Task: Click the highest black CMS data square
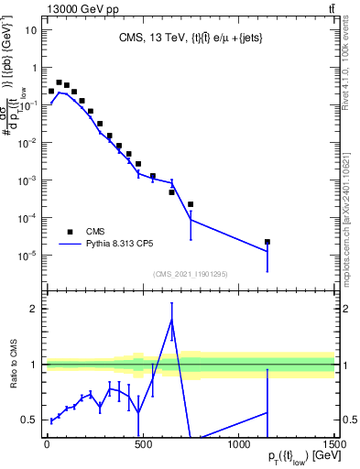point(60,82)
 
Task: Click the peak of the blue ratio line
point(171,319)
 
